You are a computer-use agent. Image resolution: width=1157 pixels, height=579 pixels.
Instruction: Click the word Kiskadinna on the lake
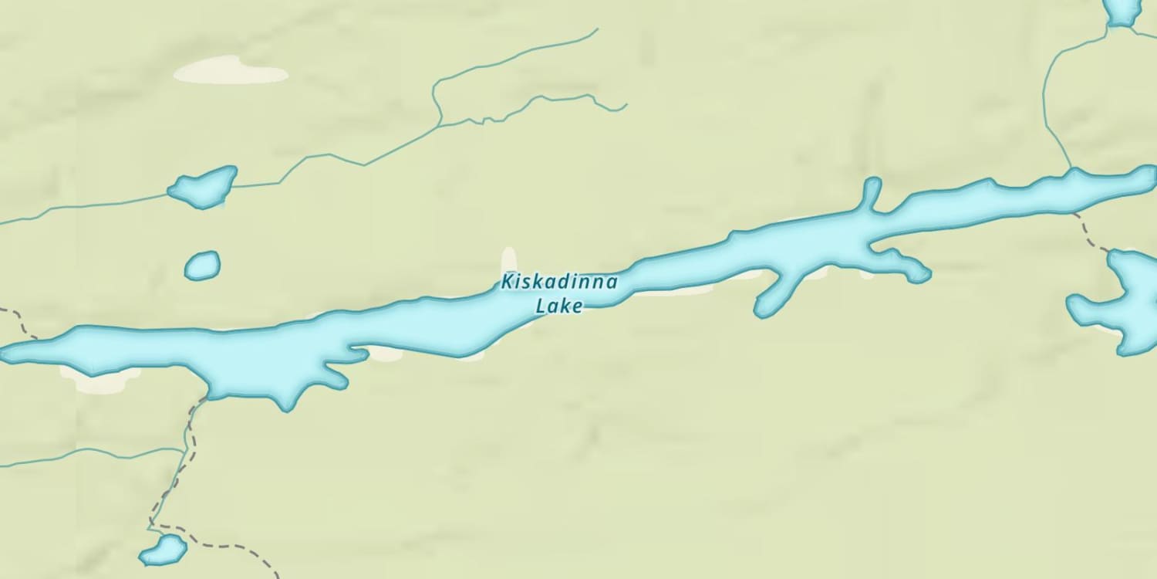click(x=559, y=282)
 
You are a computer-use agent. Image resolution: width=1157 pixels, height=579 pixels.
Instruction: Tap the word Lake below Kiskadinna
click(x=559, y=306)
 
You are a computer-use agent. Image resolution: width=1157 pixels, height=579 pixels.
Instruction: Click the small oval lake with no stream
click(x=202, y=266)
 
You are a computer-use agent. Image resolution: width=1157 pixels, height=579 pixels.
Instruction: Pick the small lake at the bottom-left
click(x=164, y=550)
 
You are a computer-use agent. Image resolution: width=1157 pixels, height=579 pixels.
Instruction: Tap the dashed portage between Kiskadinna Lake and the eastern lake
click(x=1092, y=235)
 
